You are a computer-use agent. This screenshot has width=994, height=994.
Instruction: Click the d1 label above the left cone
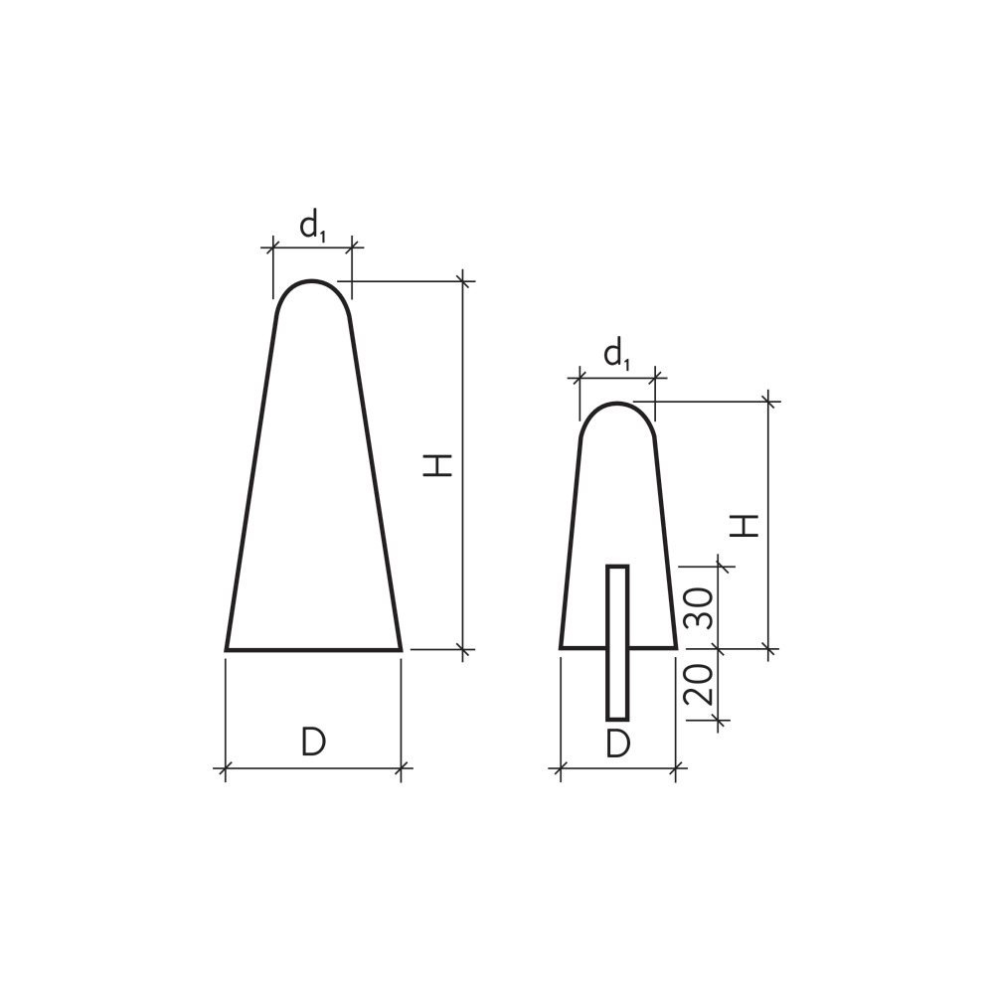(312, 227)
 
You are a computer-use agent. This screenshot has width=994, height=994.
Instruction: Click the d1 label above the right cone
(617, 355)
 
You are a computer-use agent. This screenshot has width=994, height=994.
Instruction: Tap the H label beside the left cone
(438, 464)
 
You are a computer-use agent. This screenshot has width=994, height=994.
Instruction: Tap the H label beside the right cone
(745, 526)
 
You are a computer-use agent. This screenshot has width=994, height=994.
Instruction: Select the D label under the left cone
(313, 742)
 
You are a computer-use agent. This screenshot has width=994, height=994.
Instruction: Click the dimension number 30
(699, 607)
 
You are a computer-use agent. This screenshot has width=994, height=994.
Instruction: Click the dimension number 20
(698, 685)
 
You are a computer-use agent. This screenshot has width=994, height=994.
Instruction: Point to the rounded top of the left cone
(312, 281)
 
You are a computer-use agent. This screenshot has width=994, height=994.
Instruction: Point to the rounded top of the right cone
(617, 404)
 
